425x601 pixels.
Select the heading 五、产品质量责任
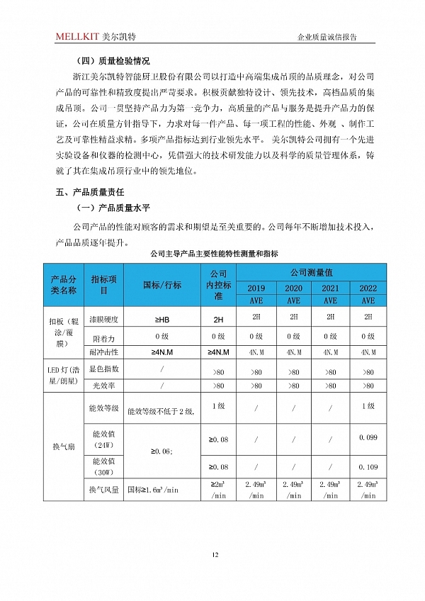91,192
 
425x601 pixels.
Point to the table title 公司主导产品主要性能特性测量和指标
213,253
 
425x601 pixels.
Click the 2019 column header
256,288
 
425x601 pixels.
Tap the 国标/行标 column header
162,285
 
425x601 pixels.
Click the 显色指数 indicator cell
103,369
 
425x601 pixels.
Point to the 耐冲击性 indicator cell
103,352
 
